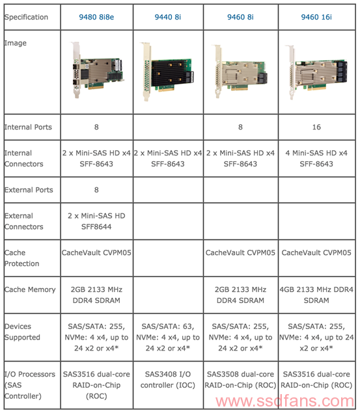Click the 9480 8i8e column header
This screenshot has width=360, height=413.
[x=96, y=17]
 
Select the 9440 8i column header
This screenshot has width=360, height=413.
[x=168, y=17]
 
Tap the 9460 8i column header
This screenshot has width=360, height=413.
[x=240, y=17]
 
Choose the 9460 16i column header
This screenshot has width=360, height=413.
[x=316, y=17]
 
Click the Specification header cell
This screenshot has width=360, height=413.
[x=26, y=17]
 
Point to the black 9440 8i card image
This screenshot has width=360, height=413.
[x=169, y=72]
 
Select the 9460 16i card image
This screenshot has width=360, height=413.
[x=316, y=72]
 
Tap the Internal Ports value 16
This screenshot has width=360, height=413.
[x=316, y=127]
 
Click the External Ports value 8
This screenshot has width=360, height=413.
[x=96, y=190]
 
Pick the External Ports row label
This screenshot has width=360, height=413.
[x=29, y=190]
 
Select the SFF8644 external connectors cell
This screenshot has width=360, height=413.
[x=96, y=221]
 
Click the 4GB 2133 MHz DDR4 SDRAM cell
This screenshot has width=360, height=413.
[x=316, y=295]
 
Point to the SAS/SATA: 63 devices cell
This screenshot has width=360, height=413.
[x=168, y=338]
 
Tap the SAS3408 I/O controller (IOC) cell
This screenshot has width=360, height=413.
[x=168, y=380]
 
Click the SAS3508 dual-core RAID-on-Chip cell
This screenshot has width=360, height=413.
[x=240, y=380]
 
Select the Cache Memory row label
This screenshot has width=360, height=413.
[x=30, y=289]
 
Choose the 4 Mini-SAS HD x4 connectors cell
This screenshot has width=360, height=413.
[x=316, y=159]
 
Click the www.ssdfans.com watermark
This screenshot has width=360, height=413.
[x=285, y=401]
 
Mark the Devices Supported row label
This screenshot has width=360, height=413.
[x=22, y=332]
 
